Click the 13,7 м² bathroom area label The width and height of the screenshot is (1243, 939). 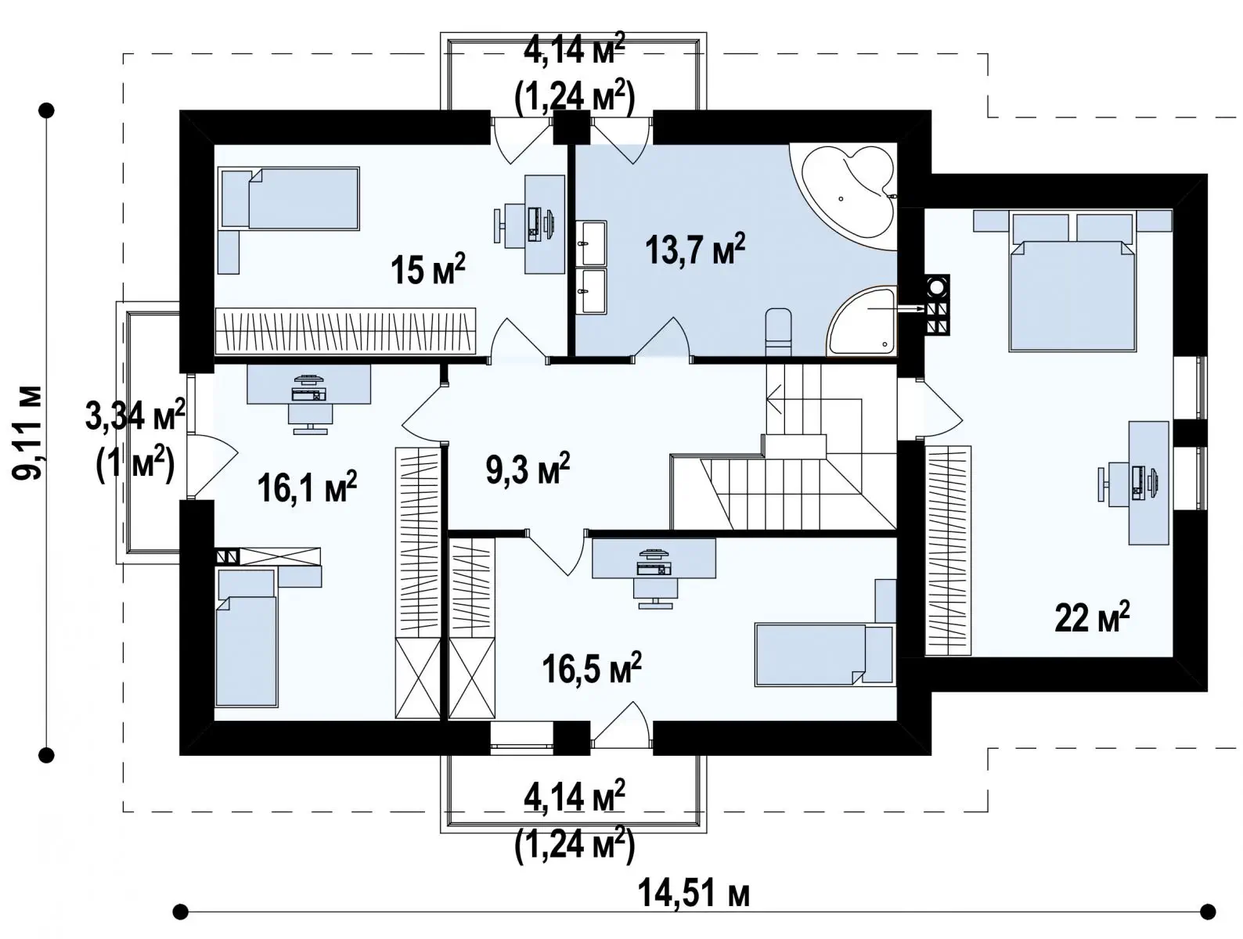point(695,250)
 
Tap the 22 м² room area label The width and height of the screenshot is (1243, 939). point(1092,617)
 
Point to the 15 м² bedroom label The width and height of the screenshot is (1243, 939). point(427,269)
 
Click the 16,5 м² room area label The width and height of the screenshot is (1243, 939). point(592,668)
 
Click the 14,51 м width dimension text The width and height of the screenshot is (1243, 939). point(694,893)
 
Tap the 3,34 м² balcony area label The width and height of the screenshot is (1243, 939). point(135,415)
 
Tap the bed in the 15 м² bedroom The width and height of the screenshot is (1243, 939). point(290,199)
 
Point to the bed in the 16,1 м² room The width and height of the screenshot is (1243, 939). point(247,638)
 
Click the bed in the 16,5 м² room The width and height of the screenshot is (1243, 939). point(824,656)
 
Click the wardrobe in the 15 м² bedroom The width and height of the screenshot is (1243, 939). point(345,331)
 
